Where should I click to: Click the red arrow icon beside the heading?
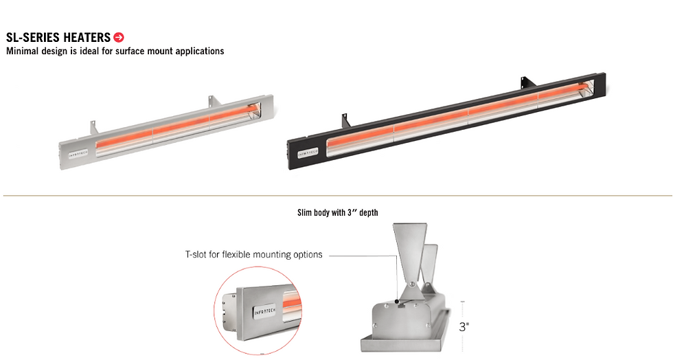tap(118, 37)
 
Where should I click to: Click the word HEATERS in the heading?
tap(87, 37)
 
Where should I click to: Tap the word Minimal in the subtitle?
tap(22, 51)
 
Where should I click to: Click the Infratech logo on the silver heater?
tap(78, 154)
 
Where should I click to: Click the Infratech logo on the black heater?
tap(308, 153)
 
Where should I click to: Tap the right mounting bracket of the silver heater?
tap(214, 101)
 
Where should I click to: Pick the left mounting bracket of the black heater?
tap(346, 120)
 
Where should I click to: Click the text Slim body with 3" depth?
tap(338, 213)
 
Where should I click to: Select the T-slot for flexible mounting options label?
tap(253, 254)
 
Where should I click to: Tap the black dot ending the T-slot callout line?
tap(397, 302)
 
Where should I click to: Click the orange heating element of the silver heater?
tap(177, 126)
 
